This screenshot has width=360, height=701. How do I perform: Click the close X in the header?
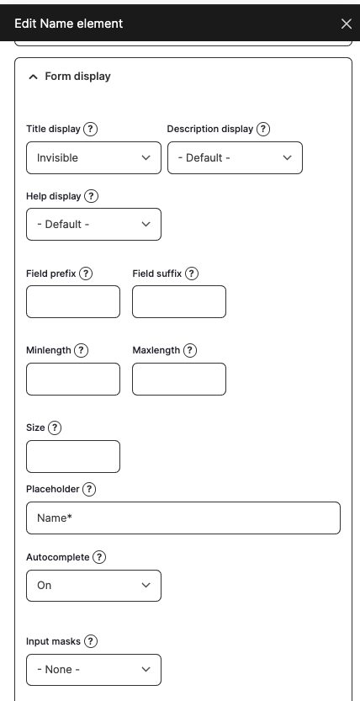tap(346, 24)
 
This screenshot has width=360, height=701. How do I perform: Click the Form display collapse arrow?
tap(33, 77)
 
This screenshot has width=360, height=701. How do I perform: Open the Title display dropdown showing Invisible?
tap(93, 157)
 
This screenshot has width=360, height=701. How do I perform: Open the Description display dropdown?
tap(235, 157)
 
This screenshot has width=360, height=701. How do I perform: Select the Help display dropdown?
tap(93, 225)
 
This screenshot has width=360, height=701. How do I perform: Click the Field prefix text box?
tap(73, 301)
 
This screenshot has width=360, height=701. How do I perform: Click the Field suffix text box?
tap(179, 301)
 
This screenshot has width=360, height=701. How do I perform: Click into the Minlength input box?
tap(73, 379)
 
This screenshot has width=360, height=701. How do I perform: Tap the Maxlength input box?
tap(179, 379)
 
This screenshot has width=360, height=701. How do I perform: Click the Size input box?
tap(73, 456)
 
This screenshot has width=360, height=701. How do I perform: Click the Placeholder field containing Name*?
tap(183, 518)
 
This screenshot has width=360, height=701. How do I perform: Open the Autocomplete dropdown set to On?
tap(93, 585)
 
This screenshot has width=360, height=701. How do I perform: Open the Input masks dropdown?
tap(93, 670)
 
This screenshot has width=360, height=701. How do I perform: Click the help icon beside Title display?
tap(91, 130)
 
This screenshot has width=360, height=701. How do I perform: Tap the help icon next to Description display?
tap(263, 130)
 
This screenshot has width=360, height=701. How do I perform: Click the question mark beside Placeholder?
tap(89, 489)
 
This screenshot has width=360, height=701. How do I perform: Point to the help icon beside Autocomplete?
tap(99, 557)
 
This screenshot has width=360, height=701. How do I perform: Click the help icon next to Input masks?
tap(91, 641)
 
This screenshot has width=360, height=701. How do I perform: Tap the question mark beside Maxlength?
tap(190, 350)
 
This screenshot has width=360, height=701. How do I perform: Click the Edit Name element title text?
tap(69, 24)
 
